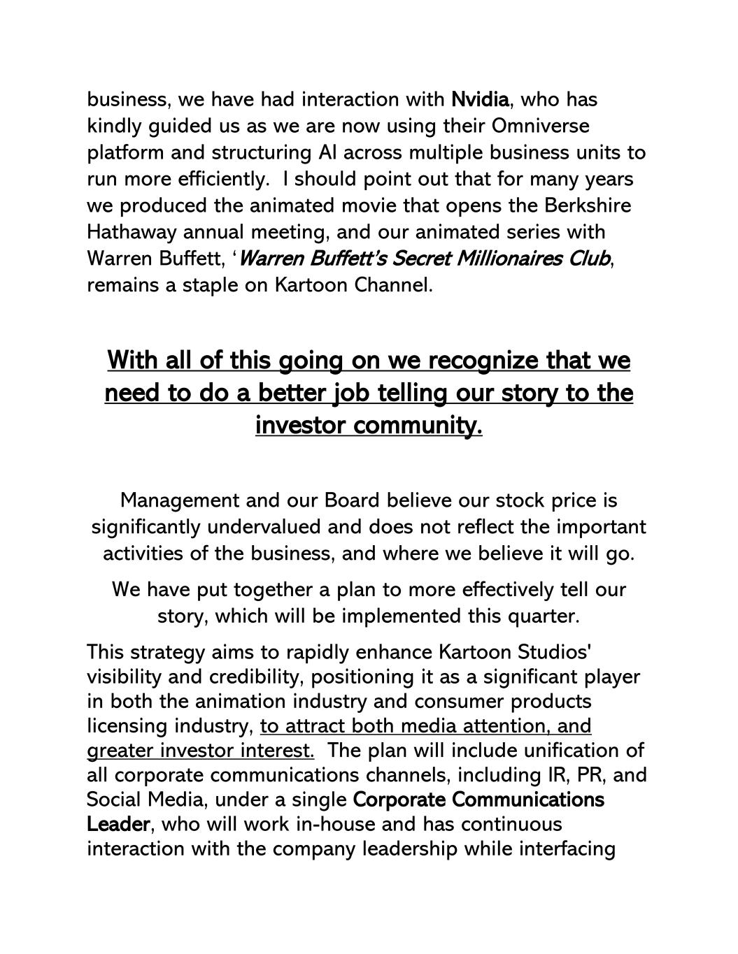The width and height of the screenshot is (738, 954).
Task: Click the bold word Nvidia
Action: point(480,100)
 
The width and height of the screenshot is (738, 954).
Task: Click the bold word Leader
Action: point(118,825)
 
